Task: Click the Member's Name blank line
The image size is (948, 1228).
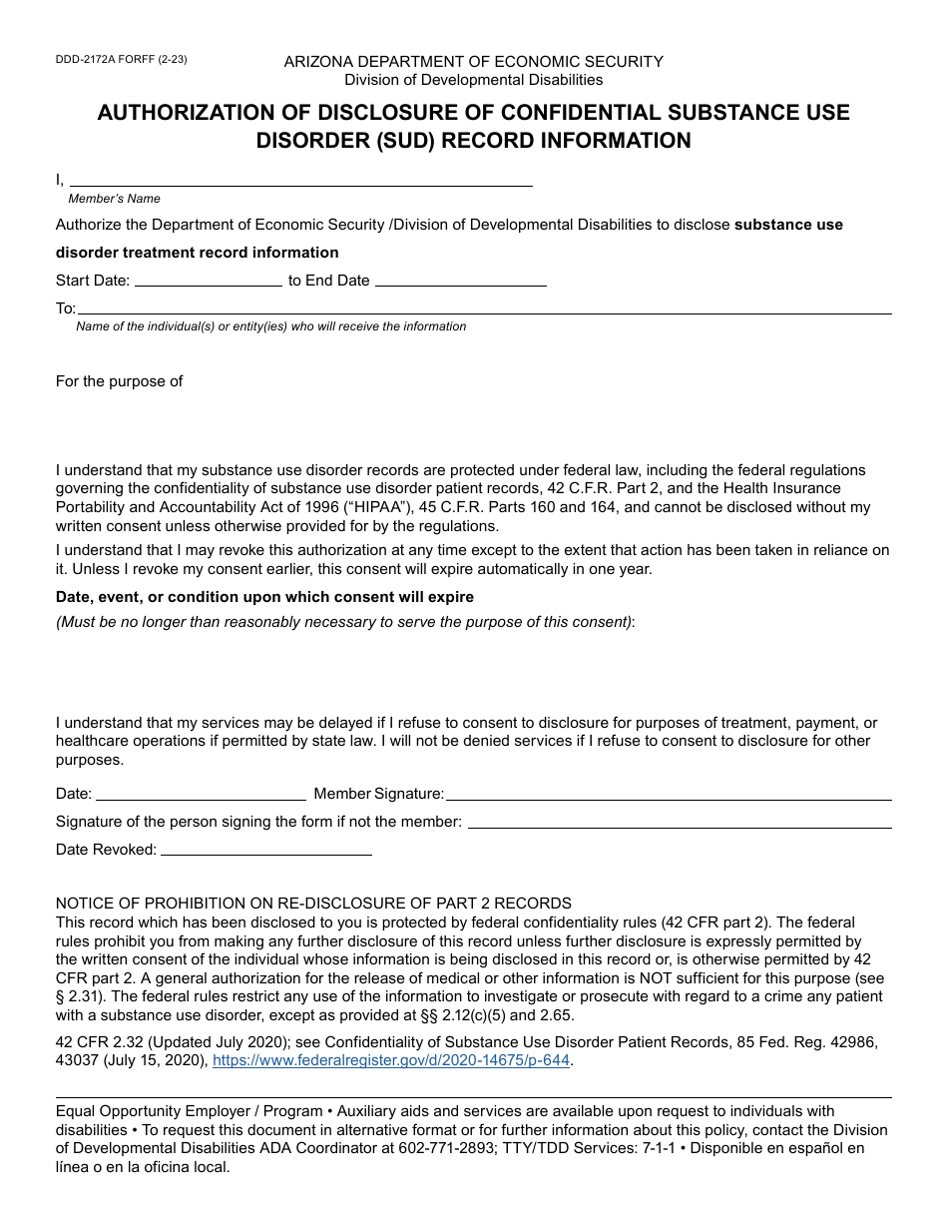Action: click(x=299, y=180)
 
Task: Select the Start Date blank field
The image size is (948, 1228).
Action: click(x=208, y=281)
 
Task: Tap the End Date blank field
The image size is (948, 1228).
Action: click(x=460, y=281)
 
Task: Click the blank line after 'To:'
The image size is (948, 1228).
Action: click(x=484, y=307)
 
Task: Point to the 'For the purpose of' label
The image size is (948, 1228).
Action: click(x=119, y=381)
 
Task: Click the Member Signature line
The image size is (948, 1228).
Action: click(x=668, y=794)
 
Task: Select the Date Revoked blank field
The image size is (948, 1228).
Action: click(x=265, y=850)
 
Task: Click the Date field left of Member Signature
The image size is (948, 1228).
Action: click(x=201, y=794)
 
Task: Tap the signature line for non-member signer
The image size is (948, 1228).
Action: click(x=680, y=822)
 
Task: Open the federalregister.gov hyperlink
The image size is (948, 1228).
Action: click(x=391, y=1061)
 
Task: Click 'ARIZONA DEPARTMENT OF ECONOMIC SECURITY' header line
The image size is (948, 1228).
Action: click(x=473, y=62)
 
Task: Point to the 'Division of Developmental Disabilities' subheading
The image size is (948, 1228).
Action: click(x=473, y=80)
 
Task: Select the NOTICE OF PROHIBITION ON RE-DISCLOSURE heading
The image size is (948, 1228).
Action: click(x=313, y=904)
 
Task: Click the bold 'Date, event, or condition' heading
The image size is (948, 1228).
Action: click(x=264, y=597)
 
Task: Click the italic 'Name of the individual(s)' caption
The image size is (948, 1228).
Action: click(x=270, y=326)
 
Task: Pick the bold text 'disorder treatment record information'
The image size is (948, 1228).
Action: click(x=197, y=253)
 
